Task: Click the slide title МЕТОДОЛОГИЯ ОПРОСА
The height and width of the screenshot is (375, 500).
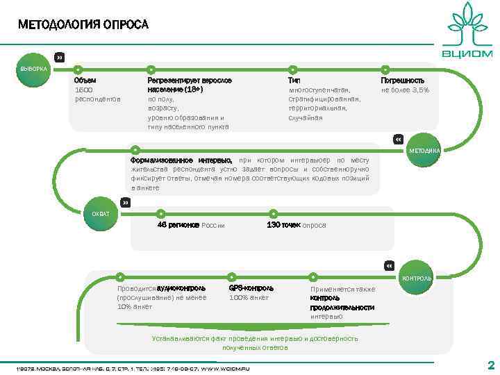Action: coord(83,25)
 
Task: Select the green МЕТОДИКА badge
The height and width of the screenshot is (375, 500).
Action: coord(423,151)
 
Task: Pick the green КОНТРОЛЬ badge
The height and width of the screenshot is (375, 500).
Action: coord(415,278)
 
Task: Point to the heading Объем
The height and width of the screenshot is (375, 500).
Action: coord(85,81)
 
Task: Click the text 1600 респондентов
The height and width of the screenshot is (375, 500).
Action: coord(97,94)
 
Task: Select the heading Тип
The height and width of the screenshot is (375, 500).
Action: coord(294,81)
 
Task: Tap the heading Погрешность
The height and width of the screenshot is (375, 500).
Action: coord(403,81)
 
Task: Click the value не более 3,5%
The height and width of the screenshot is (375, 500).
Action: coord(405,90)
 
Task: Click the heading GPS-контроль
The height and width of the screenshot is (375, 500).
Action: coord(251,287)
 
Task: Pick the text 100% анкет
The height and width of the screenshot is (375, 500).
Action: coord(249,297)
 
